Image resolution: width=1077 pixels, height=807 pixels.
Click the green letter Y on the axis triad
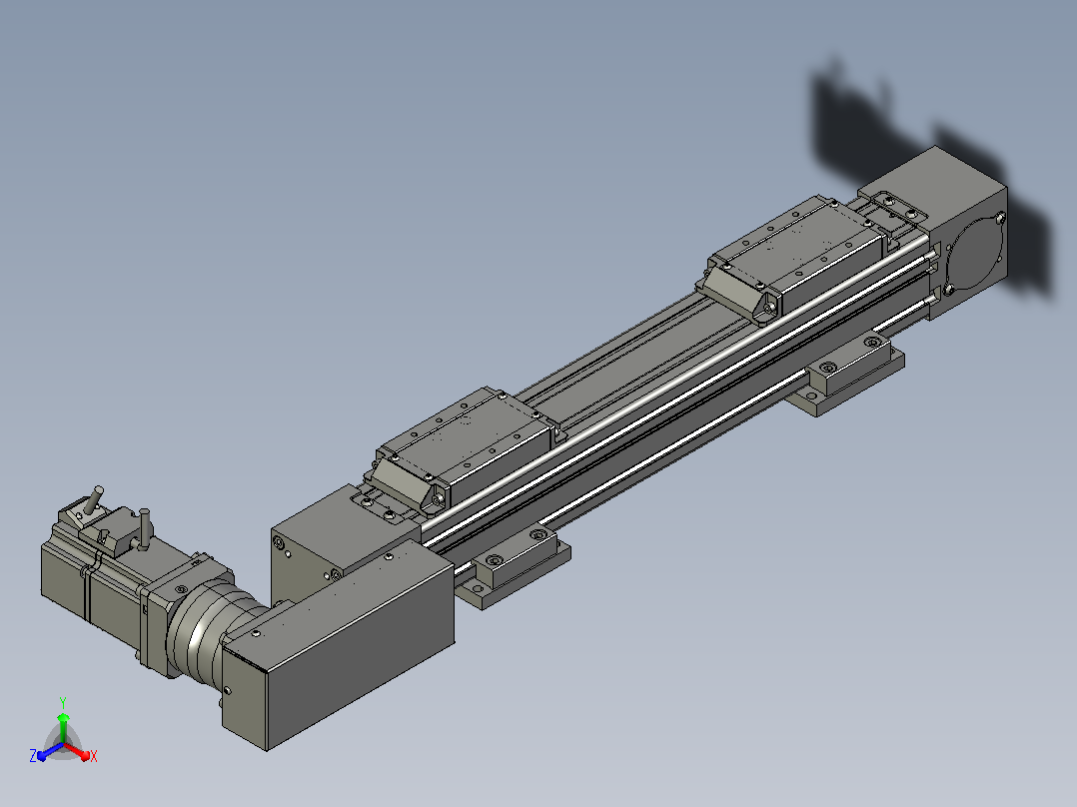pyautogui.click(x=63, y=702)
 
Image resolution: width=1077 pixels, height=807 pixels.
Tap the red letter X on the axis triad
pyautogui.click(x=94, y=756)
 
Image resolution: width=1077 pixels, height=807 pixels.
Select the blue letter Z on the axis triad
pyautogui.click(x=33, y=756)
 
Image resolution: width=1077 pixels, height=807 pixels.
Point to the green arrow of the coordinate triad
pyautogui.click(x=63, y=728)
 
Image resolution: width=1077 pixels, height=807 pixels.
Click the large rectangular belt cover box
pyautogui.click(x=338, y=645)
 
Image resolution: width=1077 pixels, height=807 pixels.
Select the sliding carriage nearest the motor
pyautogui.click(x=464, y=449)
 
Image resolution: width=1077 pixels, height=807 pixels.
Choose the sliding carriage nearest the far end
pyautogui.click(x=797, y=258)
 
